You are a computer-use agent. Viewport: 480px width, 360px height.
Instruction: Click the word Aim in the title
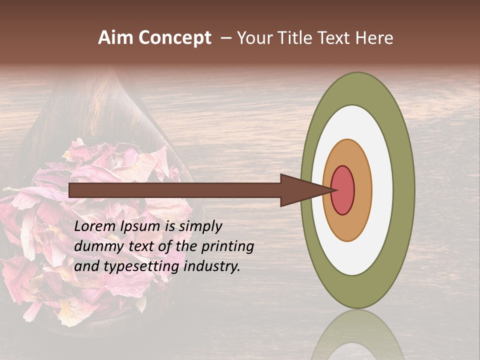(115, 38)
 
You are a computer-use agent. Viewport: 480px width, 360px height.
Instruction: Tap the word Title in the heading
(296, 38)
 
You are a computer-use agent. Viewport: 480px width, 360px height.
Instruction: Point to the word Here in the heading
(374, 38)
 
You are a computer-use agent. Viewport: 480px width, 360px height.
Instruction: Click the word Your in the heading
(254, 38)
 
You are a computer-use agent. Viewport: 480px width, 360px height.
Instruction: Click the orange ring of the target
(363, 190)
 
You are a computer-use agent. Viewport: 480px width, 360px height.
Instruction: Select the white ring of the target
(382, 190)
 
